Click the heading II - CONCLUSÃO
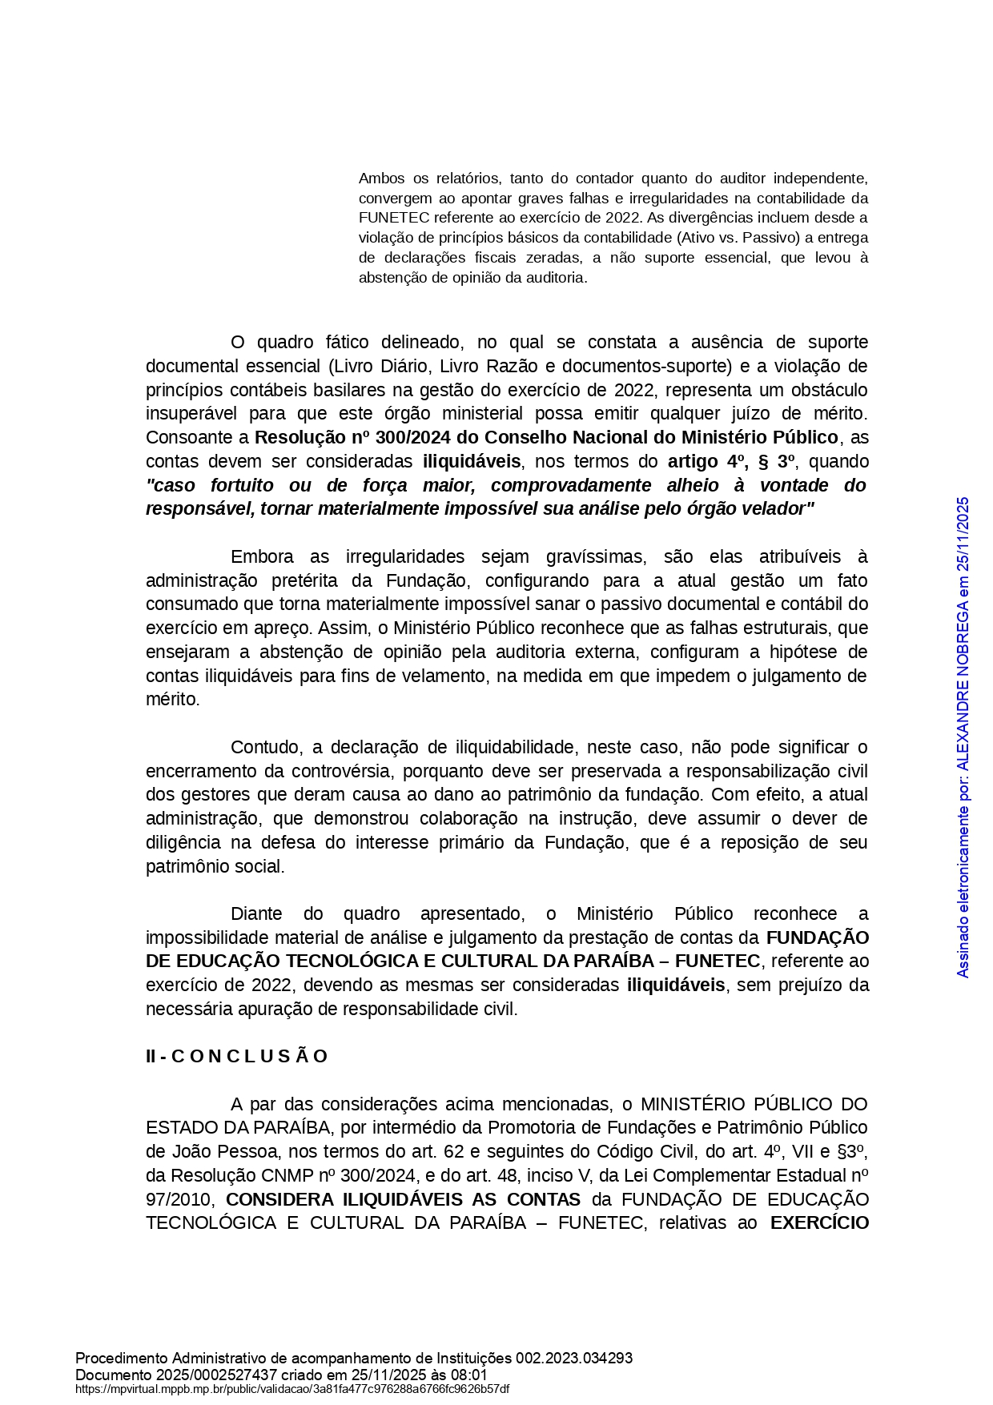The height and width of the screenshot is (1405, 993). tap(237, 1057)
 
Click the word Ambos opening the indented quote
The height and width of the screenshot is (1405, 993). tap(382, 179)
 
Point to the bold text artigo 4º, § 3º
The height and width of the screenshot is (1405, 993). tap(731, 462)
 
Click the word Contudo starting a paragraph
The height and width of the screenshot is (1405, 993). tap(264, 748)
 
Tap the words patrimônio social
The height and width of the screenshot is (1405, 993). tap(215, 867)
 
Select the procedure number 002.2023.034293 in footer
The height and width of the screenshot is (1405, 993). tap(574, 1359)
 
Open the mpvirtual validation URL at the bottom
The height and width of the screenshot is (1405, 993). tap(292, 1389)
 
